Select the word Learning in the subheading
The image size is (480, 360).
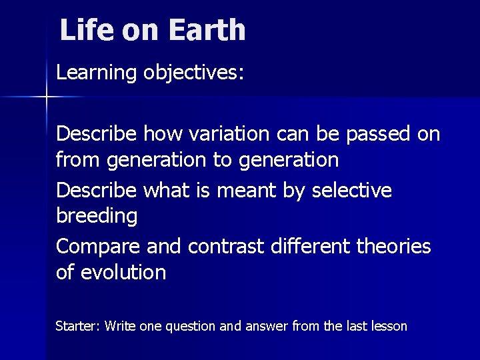click(x=97, y=73)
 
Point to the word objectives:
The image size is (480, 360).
click(x=194, y=73)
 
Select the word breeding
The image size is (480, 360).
click(x=97, y=216)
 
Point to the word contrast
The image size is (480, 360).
click(x=226, y=247)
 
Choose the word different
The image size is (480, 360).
click(x=310, y=247)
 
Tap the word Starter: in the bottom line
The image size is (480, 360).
click(x=77, y=327)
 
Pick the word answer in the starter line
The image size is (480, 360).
click(x=269, y=327)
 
